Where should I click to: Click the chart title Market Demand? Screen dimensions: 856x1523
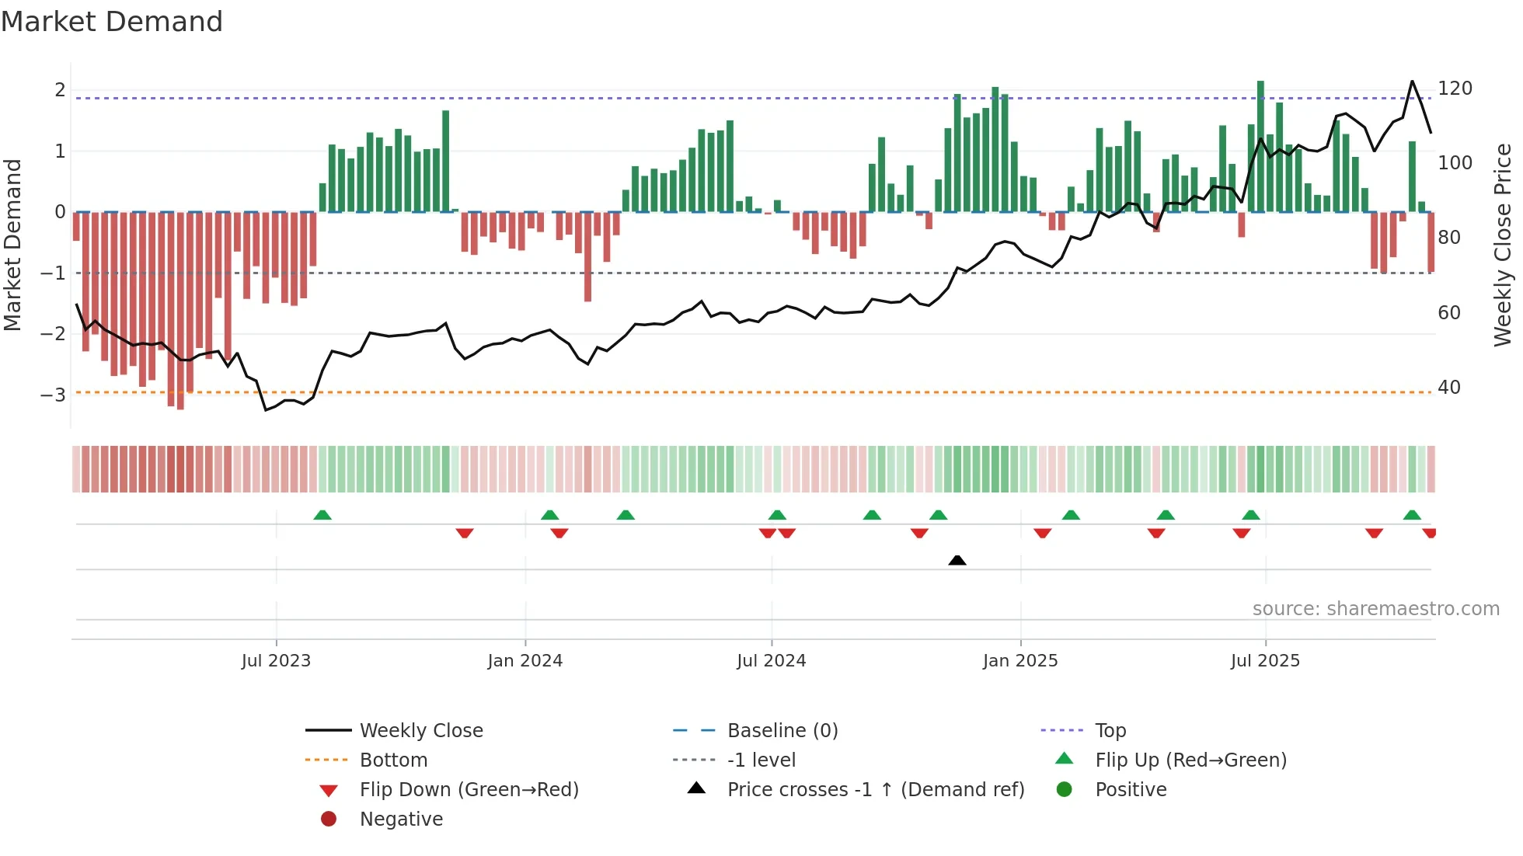[112, 22]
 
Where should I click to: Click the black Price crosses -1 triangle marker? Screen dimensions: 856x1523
[957, 560]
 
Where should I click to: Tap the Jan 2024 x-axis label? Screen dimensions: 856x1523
[525, 661]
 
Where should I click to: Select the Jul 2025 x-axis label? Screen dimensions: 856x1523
[1264, 661]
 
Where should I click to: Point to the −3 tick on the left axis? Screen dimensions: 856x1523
[54, 395]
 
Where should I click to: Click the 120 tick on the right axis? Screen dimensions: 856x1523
[1455, 89]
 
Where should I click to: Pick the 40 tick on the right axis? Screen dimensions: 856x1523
[1449, 388]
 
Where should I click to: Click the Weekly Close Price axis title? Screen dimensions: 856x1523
[1503, 245]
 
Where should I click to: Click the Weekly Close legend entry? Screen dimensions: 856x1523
[420, 731]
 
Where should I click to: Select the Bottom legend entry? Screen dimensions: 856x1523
[393, 760]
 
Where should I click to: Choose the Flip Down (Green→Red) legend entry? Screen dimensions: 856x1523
[469, 790]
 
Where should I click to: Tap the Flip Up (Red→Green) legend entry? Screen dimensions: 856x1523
[1190, 760]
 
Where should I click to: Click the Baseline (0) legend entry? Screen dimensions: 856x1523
[782, 731]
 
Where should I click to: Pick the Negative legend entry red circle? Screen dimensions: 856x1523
[329, 819]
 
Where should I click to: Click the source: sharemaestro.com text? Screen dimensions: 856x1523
[1375, 609]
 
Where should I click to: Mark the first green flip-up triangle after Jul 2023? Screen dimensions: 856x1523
[322, 515]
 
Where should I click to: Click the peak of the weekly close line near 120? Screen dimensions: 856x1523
[1412, 82]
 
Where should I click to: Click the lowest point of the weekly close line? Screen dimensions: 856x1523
[266, 409]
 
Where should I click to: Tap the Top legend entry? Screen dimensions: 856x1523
[1110, 731]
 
